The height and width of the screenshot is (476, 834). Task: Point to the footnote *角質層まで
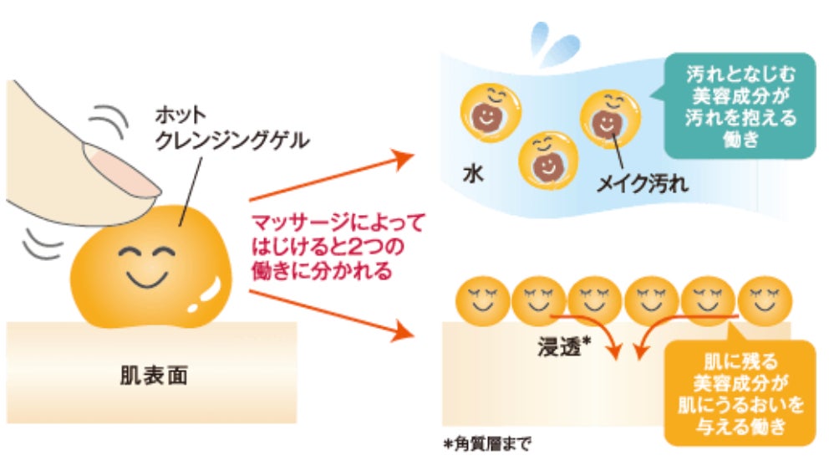click(x=487, y=444)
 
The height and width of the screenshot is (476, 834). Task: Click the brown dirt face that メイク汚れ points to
click(x=603, y=125)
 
